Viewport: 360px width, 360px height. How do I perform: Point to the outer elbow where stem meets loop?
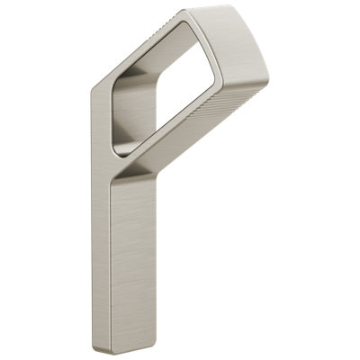(x=97, y=90)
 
